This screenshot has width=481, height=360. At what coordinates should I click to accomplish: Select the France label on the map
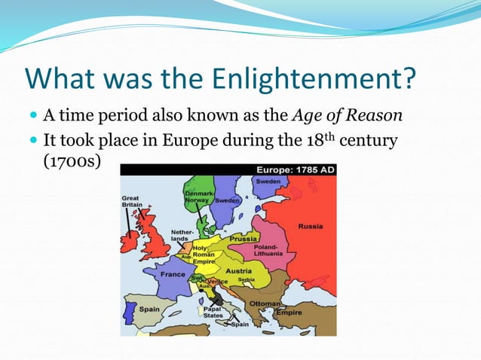click(173, 274)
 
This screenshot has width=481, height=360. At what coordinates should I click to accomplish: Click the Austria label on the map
click(240, 270)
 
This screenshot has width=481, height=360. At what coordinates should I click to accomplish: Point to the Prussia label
click(244, 238)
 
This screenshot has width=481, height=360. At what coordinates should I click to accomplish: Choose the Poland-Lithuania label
click(268, 250)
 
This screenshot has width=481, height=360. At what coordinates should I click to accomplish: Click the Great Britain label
click(133, 202)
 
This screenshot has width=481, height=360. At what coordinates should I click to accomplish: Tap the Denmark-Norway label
click(198, 197)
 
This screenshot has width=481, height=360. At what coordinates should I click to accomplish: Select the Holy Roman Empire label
click(204, 253)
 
